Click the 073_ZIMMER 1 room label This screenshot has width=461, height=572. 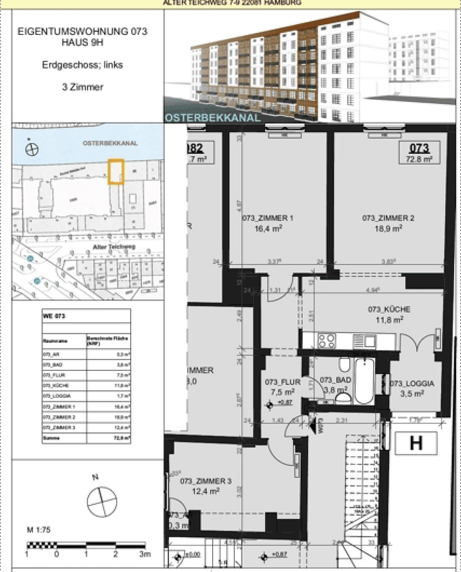point(275,218)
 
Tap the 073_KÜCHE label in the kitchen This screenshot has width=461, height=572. point(389,309)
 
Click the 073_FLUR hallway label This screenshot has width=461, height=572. point(283,381)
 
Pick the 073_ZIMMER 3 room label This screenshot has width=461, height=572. point(205,481)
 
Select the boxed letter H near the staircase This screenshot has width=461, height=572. point(416,443)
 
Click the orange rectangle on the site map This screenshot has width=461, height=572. point(116,172)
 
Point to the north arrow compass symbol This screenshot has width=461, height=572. point(102,502)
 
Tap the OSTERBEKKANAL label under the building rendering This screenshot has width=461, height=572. point(213,118)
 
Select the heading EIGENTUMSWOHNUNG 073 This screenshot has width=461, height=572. point(83,32)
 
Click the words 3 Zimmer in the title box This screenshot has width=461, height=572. point(83,87)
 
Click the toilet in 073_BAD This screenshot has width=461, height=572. point(344,365)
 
